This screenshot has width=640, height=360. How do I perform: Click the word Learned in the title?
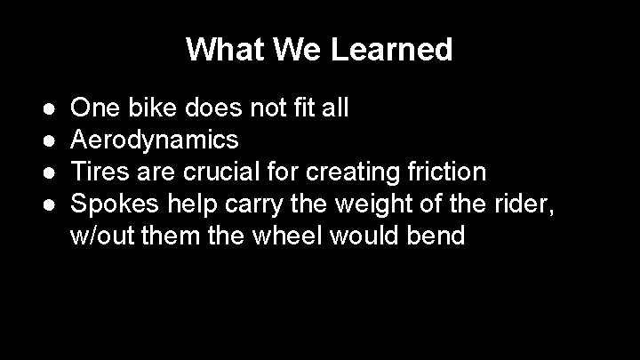(x=392, y=49)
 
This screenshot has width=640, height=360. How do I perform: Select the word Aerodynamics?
(x=154, y=140)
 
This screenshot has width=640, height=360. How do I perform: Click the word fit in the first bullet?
(x=311, y=108)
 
